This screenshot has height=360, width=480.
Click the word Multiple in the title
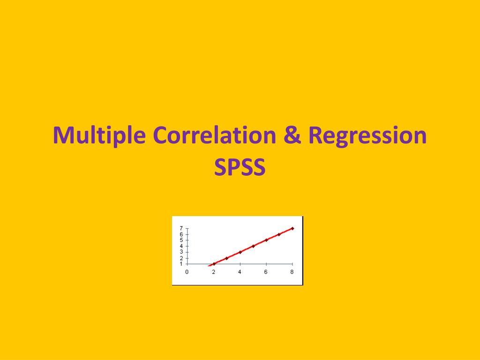99,135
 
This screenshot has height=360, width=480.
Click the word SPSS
240,167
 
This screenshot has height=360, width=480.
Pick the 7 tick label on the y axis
181,229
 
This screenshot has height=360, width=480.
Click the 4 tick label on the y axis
181,246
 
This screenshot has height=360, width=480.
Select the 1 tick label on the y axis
181,264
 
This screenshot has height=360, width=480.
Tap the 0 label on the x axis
187,272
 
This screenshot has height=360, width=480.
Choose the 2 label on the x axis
213,272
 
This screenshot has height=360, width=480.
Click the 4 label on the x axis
240,272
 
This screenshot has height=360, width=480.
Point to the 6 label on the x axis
266,272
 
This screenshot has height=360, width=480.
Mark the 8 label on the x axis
292,272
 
